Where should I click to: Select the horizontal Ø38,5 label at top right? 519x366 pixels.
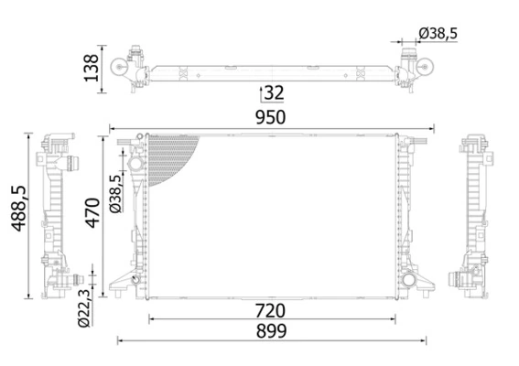[x=438, y=33]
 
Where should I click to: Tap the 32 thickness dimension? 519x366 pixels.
[x=274, y=93]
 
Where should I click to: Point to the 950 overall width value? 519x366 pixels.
[x=271, y=117]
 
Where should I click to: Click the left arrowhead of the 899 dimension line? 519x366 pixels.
[x=121, y=341]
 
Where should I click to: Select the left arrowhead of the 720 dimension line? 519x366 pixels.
[x=151, y=318]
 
